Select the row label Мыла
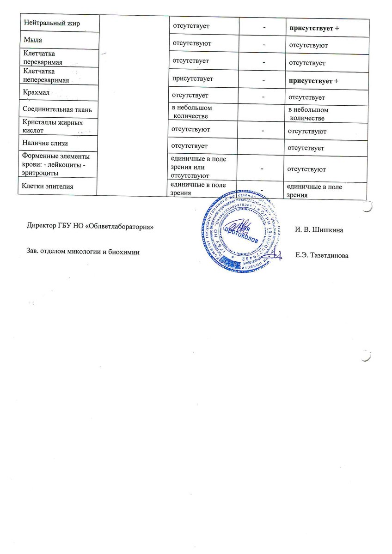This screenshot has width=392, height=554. (x=32, y=43)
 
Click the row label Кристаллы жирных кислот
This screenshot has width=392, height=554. (x=53, y=127)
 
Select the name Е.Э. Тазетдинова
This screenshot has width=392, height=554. (x=322, y=255)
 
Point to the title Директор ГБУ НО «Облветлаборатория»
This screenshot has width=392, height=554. (x=90, y=227)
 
